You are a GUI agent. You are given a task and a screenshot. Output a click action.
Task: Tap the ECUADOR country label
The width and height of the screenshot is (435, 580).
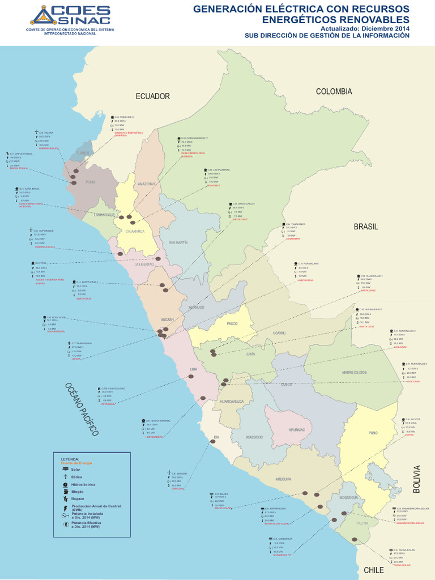(x=152, y=96)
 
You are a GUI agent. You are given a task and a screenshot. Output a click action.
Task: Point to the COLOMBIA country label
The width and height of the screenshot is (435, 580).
(x=334, y=91)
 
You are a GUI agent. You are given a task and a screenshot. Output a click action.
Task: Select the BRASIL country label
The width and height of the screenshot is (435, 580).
(x=366, y=227)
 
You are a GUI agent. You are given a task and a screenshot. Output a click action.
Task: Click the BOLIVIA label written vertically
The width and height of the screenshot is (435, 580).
(x=417, y=479)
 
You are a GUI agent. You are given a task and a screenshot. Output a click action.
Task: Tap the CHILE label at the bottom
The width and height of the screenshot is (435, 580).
(x=374, y=570)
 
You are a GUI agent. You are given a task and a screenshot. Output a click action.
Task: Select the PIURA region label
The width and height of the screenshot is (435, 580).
(x=90, y=182)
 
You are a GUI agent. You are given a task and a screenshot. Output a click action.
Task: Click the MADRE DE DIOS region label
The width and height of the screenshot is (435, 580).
(x=355, y=372)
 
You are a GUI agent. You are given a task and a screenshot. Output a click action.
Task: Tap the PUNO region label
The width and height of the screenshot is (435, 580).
(x=373, y=433)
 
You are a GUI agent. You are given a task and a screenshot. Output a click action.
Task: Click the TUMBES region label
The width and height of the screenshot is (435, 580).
(x=83, y=153)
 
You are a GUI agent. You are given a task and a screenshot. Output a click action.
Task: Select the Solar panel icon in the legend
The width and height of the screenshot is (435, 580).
(x=66, y=470)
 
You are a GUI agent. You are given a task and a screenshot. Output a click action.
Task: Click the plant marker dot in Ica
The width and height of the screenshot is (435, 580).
(x=213, y=442)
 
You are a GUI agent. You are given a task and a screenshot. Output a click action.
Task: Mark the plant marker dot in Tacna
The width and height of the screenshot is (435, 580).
(x=355, y=539)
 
